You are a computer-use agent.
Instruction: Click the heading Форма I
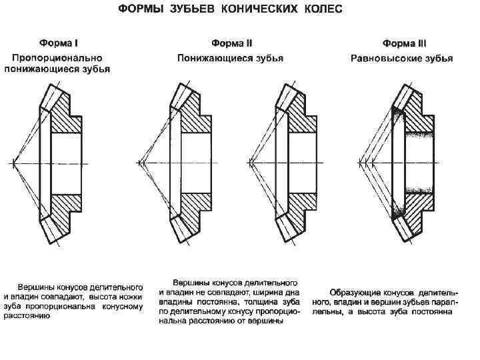point(59,44)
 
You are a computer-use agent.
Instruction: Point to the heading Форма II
point(230,44)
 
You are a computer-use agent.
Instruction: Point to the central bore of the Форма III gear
point(420,161)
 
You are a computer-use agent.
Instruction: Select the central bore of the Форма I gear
point(67,161)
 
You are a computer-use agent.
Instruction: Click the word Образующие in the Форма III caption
point(356,292)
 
